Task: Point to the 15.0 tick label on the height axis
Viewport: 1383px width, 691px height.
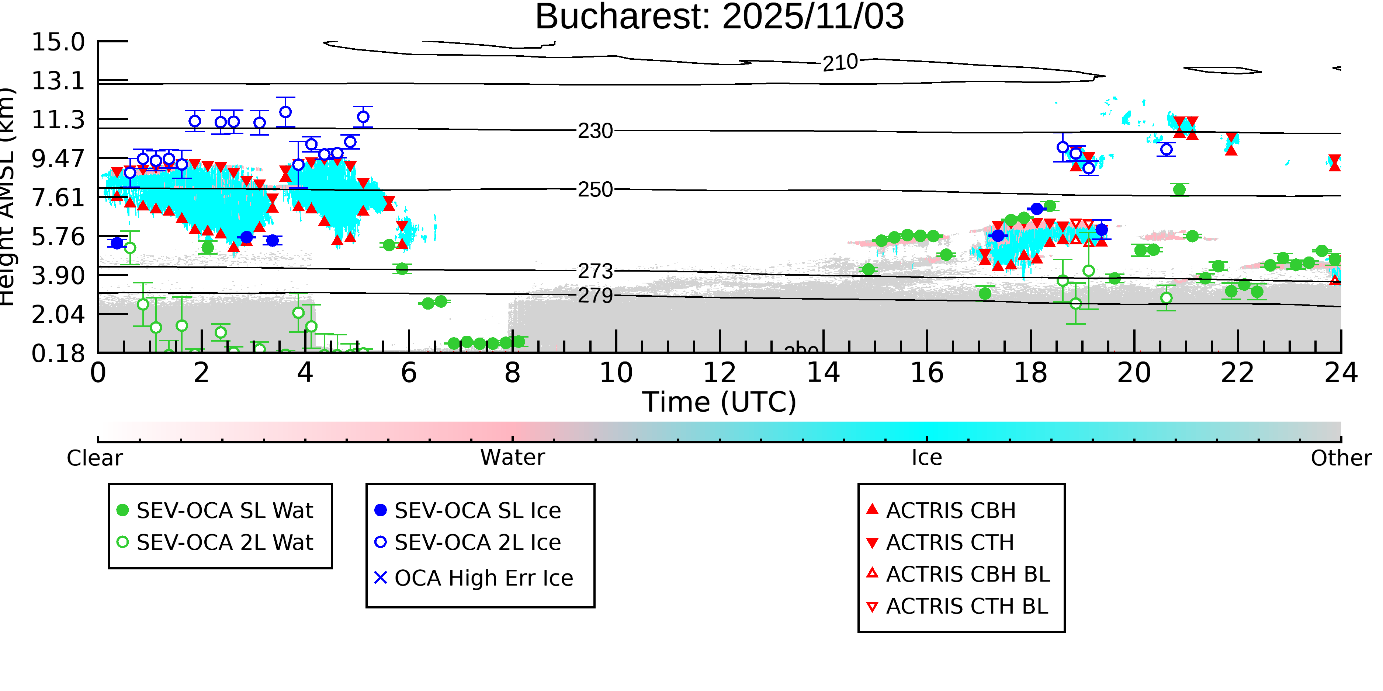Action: click(x=58, y=42)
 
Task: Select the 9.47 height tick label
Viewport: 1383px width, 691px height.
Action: click(x=58, y=159)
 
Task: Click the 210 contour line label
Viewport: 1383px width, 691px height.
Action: click(x=840, y=63)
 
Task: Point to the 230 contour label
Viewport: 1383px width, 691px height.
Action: click(x=595, y=131)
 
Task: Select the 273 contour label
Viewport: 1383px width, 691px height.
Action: click(x=595, y=272)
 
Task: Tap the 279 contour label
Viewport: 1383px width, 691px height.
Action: click(x=595, y=296)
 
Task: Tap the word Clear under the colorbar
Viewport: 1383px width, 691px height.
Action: click(x=94, y=458)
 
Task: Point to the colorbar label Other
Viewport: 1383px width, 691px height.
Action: click(x=1341, y=458)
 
